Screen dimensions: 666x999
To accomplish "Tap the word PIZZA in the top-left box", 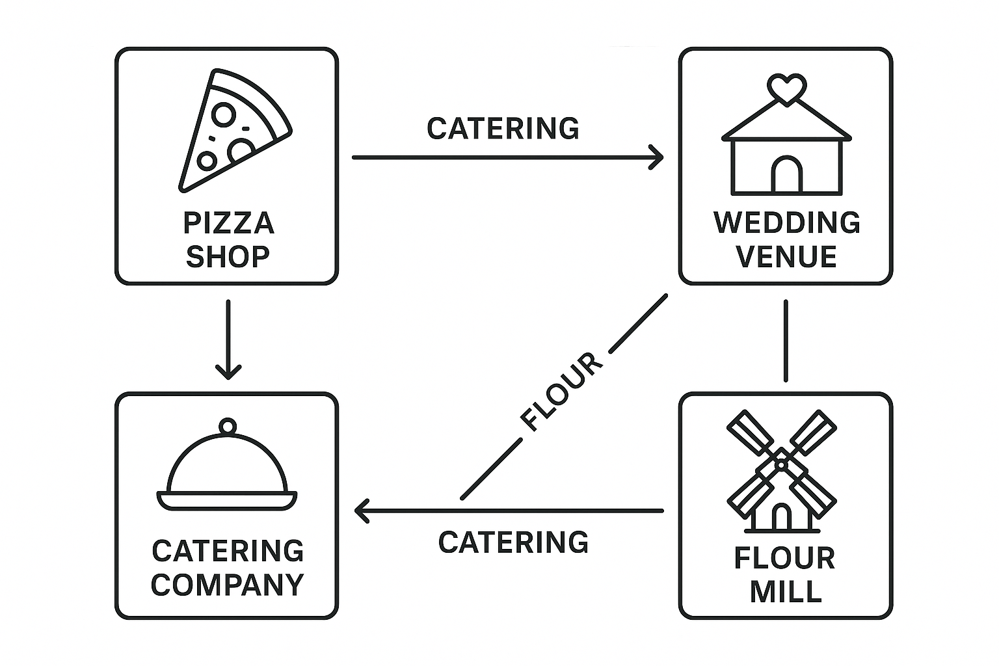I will click(228, 224).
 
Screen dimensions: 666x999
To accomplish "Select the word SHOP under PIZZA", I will click(228, 257).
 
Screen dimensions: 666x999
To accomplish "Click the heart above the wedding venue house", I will click(786, 88).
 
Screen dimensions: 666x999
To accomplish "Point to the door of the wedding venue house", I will click(786, 176).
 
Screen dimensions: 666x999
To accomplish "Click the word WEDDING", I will click(787, 223).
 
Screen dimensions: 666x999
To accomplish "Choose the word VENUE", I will click(786, 257).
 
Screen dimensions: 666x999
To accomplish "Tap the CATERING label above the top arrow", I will click(503, 129).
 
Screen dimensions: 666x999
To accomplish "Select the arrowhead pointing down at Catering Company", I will click(228, 372).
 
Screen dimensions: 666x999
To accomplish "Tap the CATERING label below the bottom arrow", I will click(513, 542).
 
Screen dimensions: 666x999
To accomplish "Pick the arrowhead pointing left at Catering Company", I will click(362, 511).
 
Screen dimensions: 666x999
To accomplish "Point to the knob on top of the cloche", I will click(227, 427).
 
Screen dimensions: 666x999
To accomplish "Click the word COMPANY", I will click(228, 585).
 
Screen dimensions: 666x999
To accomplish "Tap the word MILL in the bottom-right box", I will click(786, 592).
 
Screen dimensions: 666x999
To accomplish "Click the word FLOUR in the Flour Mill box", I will click(784, 559).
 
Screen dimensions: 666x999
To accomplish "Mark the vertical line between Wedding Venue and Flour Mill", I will click(786, 340).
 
